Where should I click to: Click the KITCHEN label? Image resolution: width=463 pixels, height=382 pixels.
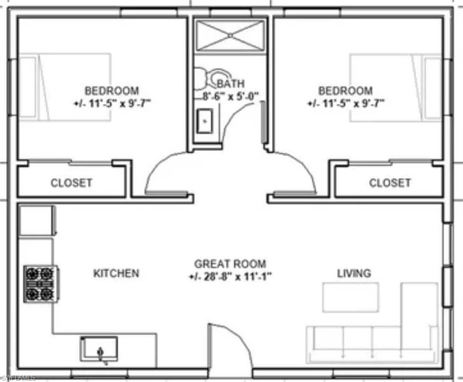click(x=116, y=273)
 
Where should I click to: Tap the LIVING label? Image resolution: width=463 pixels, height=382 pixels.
click(x=354, y=273)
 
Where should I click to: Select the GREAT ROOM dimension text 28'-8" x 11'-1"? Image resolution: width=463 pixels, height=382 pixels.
click(x=230, y=277)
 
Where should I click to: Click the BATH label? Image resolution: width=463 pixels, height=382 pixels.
click(x=231, y=84)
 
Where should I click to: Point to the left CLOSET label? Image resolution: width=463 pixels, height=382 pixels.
click(x=72, y=183)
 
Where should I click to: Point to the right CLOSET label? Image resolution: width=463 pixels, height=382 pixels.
click(x=390, y=183)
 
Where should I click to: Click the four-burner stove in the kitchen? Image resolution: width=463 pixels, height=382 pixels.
click(x=41, y=284)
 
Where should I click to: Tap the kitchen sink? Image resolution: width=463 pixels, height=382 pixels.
click(x=99, y=349)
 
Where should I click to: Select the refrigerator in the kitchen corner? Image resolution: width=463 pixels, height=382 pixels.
click(x=37, y=220)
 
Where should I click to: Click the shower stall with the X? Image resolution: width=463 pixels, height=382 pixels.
click(x=231, y=35)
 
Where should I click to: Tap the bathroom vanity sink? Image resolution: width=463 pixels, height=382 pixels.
click(x=205, y=121)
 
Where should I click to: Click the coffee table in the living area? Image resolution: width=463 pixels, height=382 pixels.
click(x=351, y=297)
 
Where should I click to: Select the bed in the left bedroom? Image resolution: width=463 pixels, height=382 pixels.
click(x=65, y=87)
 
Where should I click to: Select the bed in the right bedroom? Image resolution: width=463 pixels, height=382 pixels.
click(x=395, y=88)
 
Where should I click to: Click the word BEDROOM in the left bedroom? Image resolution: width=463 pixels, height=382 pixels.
click(x=112, y=91)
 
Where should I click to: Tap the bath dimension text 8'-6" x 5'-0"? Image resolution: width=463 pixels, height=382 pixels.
click(x=231, y=96)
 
